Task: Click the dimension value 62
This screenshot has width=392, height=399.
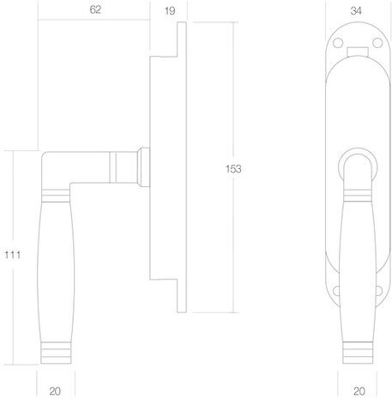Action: pyautogui.click(x=94, y=10)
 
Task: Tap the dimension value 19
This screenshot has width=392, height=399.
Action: pyautogui.click(x=168, y=10)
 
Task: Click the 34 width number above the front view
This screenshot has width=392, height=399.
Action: pyautogui.click(x=356, y=10)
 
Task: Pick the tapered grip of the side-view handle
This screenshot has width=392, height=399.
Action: pyautogui.click(x=56, y=275)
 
